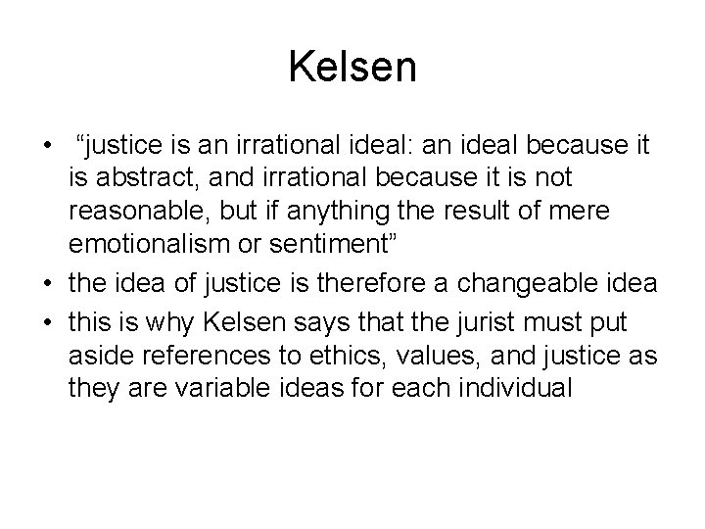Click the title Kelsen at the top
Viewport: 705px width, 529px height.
[x=352, y=68]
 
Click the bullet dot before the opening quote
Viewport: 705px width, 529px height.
[x=46, y=148]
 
